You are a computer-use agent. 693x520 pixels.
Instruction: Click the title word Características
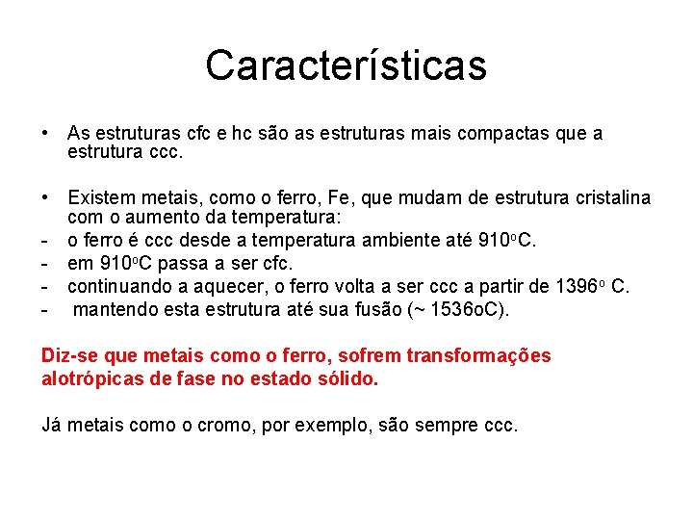click(x=346, y=65)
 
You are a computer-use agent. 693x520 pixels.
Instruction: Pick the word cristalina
click(x=608, y=198)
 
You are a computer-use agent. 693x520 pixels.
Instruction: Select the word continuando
click(x=117, y=286)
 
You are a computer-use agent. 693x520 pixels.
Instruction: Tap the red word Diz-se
click(x=68, y=356)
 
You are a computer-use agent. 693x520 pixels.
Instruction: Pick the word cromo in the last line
click(x=213, y=424)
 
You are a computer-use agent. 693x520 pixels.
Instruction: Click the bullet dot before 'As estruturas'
click(x=46, y=134)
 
